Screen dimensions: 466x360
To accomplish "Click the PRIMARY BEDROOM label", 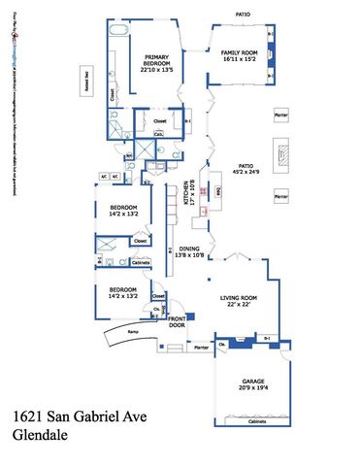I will point(156,60).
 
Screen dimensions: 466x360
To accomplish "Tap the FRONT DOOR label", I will point(177,322).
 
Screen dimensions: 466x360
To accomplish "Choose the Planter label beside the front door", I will point(202,347).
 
